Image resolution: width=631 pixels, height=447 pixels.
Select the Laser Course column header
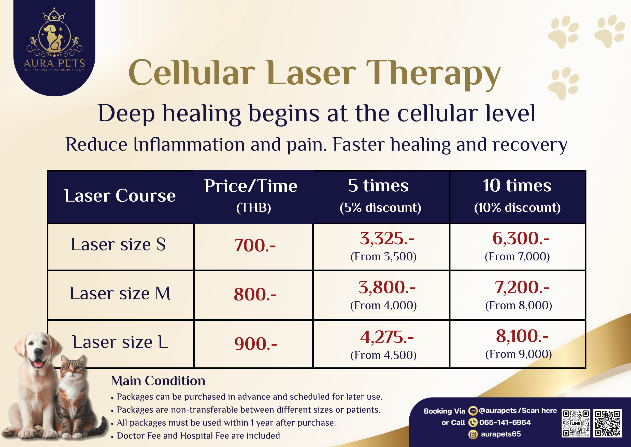[x=120, y=196]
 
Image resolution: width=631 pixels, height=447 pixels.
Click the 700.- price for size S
[x=255, y=245]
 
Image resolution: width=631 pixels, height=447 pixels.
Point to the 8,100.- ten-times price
[x=522, y=336]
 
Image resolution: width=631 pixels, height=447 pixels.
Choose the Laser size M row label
[x=120, y=293]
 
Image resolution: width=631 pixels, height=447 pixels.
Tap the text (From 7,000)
[x=517, y=257]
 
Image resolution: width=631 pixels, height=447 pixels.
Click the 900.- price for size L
[x=256, y=344]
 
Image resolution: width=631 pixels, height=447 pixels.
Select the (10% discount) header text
[x=517, y=207]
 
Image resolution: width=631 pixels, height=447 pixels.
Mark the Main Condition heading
[x=158, y=381]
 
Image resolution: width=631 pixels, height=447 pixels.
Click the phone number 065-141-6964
[x=505, y=422]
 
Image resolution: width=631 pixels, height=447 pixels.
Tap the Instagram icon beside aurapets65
[x=473, y=435]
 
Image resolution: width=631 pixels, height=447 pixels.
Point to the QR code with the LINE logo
[x=576, y=423]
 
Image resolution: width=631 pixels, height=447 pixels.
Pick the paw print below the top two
[x=563, y=83]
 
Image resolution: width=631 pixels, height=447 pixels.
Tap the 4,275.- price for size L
[x=387, y=337]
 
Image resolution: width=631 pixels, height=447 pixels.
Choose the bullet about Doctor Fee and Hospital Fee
[x=196, y=436]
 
